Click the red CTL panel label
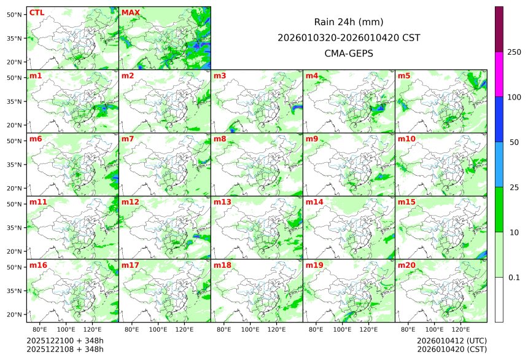pyautogui.click(x=37, y=12)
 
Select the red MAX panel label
pyautogui.click(x=131, y=12)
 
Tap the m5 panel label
pyautogui.click(x=404, y=76)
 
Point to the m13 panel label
pyautogui.click(x=222, y=202)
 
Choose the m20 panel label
pyautogui.click(x=406, y=265)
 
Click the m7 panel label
pyautogui.click(x=128, y=139)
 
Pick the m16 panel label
pyautogui.click(x=38, y=265)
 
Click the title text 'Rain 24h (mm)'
pyautogui.click(x=349, y=22)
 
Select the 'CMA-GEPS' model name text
pyautogui.click(x=349, y=53)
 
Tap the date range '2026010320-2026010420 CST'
pyautogui.click(x=349, y=37)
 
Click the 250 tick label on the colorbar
pyautogui.click(x=514, y=52)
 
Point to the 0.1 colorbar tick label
pyautogui.click(x=514, y=277)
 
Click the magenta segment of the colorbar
pyautogui.click(x=499, y=74)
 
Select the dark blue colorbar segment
pyautogui.click(x=499, y=119)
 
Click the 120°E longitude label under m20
pyautogui.click(x=461, y=329)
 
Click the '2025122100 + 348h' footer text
pyautogui.click(x=65, y=340)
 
